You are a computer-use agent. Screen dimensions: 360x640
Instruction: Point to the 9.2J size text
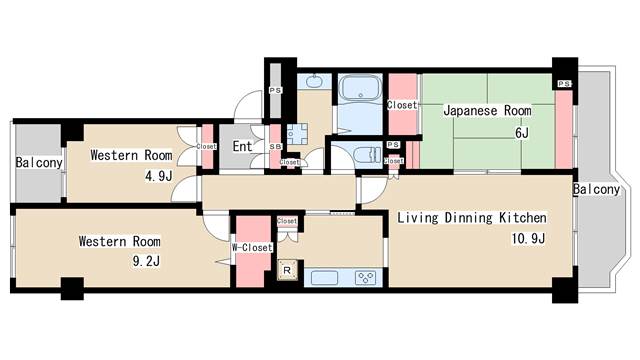coord(146,261)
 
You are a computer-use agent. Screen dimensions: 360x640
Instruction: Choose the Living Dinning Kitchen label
coord(472,217)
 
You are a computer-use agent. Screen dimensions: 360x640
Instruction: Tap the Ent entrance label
coord(242,147)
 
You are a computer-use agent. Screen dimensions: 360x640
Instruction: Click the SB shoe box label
coord(275,147)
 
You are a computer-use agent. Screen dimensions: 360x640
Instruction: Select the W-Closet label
coord(252,247)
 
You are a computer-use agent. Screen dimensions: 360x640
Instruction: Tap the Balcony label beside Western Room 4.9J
coord(39,163)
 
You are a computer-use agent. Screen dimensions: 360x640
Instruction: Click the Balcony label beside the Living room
coord(597,189)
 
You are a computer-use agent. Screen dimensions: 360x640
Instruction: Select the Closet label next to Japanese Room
coord(402,104)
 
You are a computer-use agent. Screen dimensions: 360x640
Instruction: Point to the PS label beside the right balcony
coord(564,84)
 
